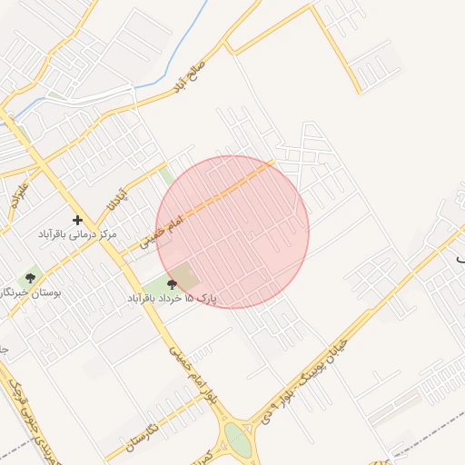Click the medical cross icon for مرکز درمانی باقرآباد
(78, 220)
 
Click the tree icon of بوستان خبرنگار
(31, 278)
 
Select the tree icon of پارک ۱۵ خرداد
(172, 284)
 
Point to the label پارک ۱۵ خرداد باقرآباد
(173, 298)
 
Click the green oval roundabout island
(239, 438)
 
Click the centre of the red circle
(232, 232)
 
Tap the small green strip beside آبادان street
(166, 174)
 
